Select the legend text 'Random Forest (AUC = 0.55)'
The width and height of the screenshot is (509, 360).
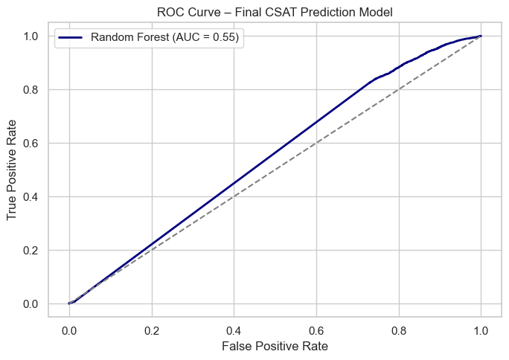coord(164,38)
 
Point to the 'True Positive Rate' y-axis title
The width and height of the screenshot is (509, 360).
coord(13,170)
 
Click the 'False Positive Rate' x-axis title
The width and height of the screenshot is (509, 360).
coord(275,346)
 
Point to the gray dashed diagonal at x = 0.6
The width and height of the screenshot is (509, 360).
coord(316,143)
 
